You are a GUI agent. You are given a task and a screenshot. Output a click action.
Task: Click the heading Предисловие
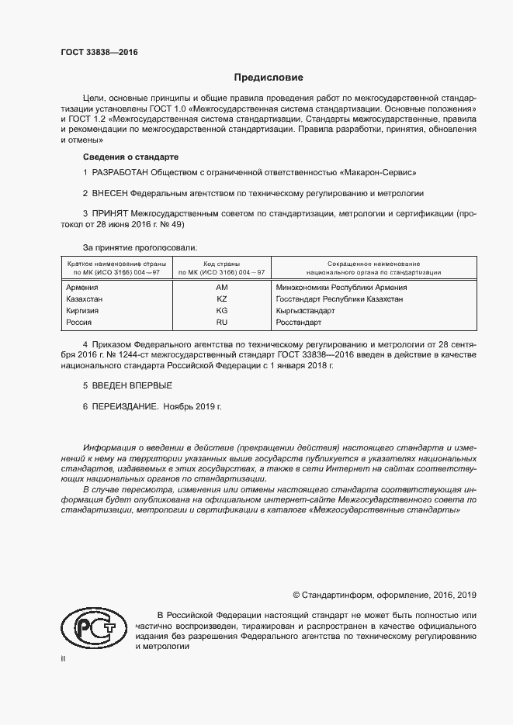click(x=269, y=78)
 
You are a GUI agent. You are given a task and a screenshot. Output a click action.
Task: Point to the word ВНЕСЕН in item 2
click(x=109, y=193)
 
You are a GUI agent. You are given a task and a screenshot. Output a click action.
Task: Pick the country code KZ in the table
click(x=221, y=299)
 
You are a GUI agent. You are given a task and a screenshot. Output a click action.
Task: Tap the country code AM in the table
click(x=221, y=287)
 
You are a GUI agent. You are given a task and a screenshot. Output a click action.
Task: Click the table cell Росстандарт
click(x=298, y=322)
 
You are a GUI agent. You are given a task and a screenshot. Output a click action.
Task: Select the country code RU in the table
click(x=221, y=322)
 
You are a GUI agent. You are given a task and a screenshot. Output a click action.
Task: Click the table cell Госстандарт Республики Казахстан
click(x=339, y=299)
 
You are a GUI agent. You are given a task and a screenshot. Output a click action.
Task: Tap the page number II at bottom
click(x=63, y=659)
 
